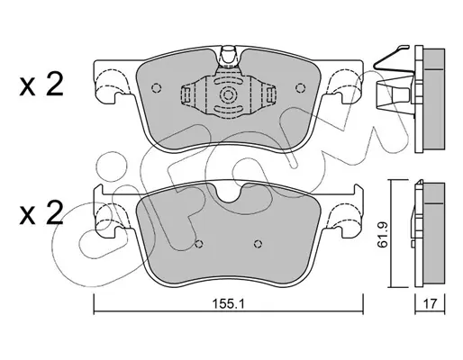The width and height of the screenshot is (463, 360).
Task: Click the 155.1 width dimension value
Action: click(229, 304)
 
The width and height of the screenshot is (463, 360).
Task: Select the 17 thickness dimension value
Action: click(430, 304)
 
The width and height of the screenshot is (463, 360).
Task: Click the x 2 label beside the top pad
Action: click(41, 85)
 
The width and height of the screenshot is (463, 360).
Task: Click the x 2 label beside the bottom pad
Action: click(41, 212)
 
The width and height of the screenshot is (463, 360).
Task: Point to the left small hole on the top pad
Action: click(157, 88)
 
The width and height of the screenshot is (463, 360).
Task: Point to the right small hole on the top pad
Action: click(300, 88)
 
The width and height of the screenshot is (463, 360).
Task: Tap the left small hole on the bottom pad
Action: click(198, 244)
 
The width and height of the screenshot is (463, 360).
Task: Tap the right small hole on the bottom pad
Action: click(258, 244)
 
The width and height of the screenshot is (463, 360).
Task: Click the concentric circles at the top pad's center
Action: click(228, 96)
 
